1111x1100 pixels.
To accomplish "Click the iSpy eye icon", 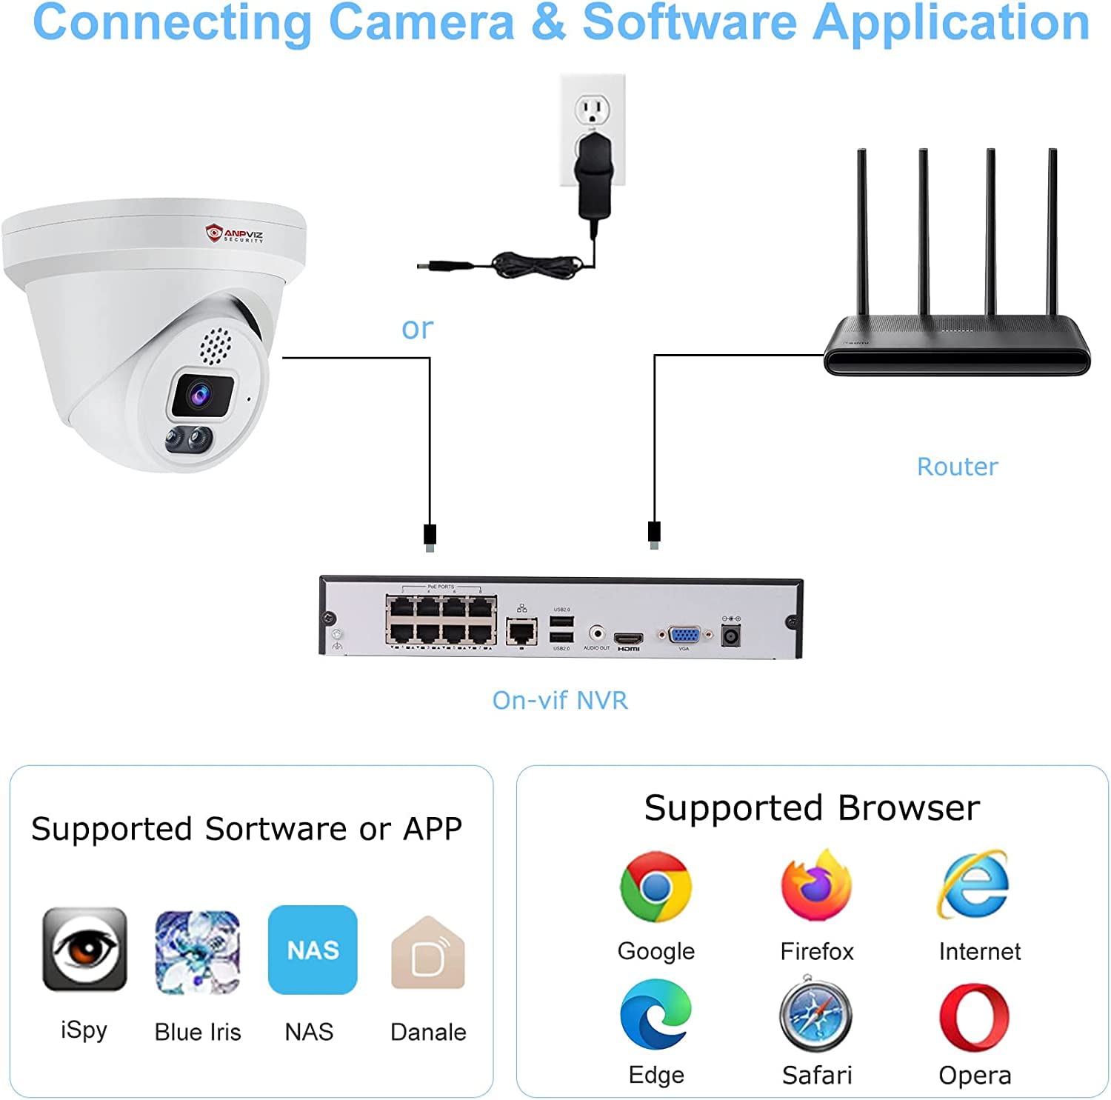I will pos(84,949).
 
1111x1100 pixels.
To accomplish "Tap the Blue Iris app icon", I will pos(197,952).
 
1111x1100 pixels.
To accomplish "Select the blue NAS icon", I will pos(313,950).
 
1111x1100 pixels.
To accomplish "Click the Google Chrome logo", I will pos(655,887).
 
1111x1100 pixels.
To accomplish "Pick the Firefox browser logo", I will pos(816,886).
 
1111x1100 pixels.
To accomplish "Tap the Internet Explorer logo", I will pos(975,885).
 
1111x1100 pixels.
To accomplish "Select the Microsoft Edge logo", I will pos(655,1015).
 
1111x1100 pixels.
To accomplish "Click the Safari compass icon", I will pos(816,1014).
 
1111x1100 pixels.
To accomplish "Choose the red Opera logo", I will pos(974,1016).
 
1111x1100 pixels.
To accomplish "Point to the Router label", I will pos(957,467).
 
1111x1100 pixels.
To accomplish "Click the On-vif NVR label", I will pos(560,700).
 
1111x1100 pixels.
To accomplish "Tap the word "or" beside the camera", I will pos(417,328).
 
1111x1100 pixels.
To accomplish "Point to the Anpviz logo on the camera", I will pos(234,235).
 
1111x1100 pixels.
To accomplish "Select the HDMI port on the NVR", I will pos(628,638).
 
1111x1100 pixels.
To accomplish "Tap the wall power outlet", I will pos(593,111).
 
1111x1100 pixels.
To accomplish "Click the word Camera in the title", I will pos(421,22).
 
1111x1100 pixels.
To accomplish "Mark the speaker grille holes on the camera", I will pos(216,346).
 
